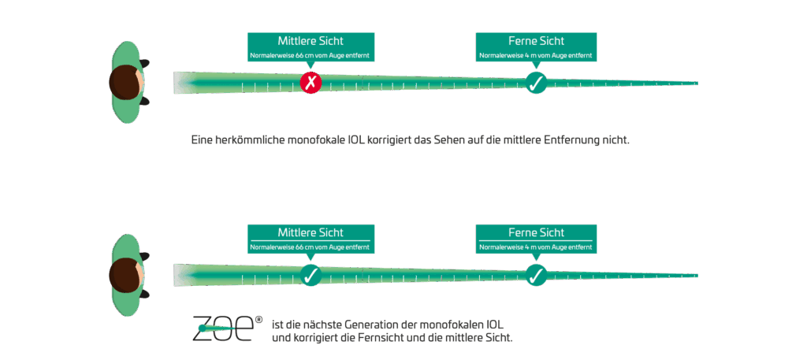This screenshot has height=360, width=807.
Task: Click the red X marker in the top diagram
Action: point(311,82)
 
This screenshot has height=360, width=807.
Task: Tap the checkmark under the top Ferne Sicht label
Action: point(536,82)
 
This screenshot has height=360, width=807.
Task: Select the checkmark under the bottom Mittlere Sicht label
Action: point(311,275)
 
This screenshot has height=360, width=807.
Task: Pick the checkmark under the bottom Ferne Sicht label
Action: point(536,275)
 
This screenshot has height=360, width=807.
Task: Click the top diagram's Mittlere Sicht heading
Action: point(311,41)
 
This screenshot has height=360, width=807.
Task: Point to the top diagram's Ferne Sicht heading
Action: point(536,41)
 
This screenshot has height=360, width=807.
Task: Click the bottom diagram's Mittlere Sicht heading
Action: point(311,232)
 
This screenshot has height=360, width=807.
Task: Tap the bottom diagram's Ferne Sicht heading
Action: point(536,232)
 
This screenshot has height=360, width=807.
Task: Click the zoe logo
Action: point(223,328)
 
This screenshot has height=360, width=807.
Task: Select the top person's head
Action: point(126,83)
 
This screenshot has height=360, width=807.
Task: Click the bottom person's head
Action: point(126,275)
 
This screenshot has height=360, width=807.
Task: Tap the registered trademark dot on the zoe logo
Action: point(258,320)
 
